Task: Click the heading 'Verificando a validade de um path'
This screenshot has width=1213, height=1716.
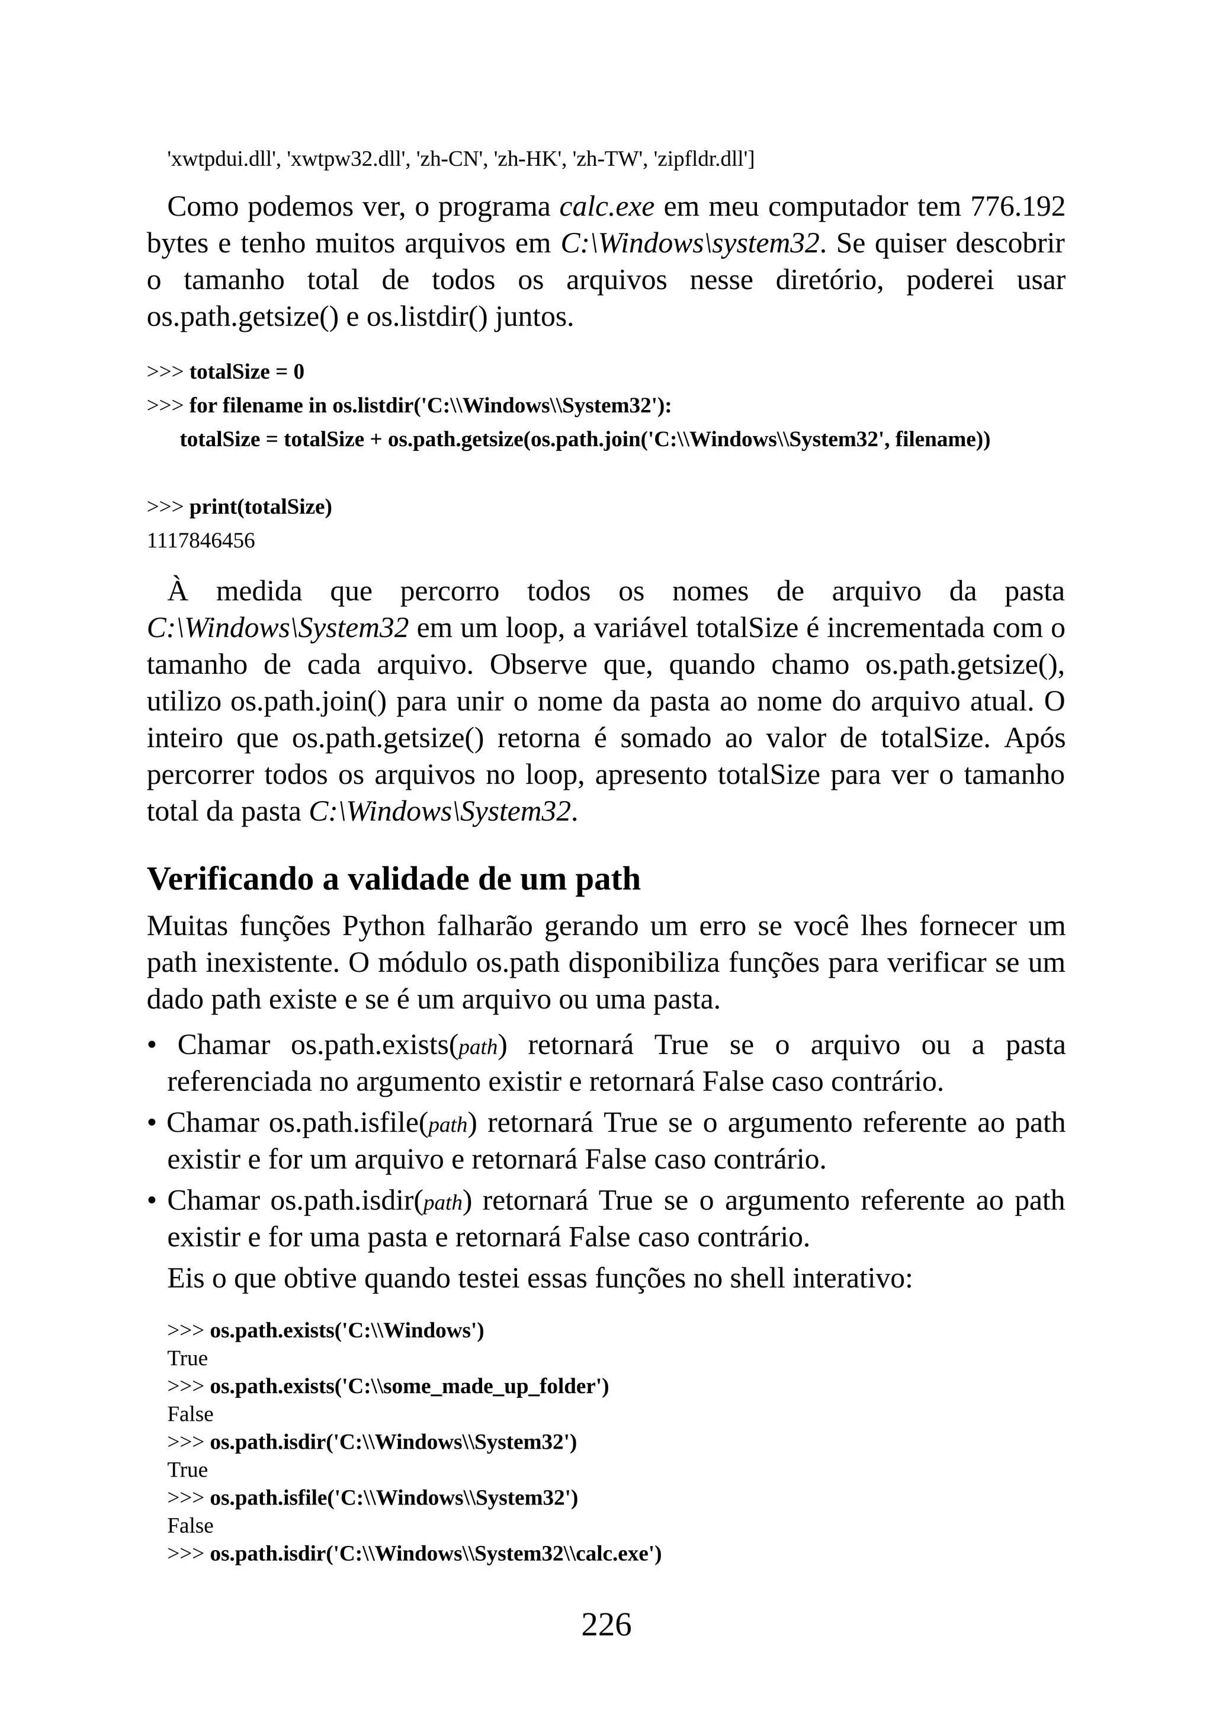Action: click(394, 879)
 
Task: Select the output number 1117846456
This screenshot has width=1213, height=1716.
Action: click(200, 541)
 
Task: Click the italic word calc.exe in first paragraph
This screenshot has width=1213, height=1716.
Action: click(606, 207)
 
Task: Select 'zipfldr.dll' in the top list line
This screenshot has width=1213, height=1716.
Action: click(703, 159)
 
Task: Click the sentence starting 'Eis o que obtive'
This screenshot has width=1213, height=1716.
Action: click(540, 1278)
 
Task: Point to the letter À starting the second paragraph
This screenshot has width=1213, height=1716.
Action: click(178, 591)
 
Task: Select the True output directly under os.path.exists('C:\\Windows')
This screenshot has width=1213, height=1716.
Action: click(188, 1359)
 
